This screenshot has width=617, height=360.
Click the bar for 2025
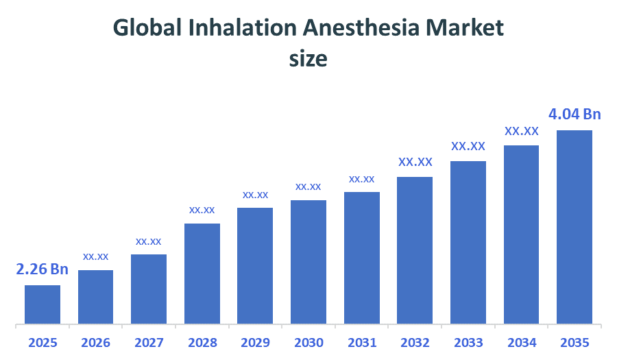click(x=43, y=304)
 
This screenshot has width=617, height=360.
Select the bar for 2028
click(x=202, y=273)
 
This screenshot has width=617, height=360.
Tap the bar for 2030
click(x=308, y=261)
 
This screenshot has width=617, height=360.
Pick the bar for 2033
click(x=468, y=242)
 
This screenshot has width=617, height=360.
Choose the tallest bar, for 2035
click(x=574, y=226)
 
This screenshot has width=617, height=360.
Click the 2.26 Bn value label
click(x=43, y=269)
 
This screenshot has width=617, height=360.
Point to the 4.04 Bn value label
click(x=574, y=114)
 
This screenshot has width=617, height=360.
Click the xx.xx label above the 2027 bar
click(x=149, y=241)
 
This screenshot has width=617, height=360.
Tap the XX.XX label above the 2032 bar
click(x=415, y=163)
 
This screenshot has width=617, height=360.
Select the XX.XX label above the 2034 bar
click(x=522, y=131)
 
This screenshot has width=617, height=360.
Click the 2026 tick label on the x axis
click(x=96, y=343)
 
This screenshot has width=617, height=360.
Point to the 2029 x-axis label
click(x=255, y=343)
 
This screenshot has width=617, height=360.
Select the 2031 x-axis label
click(x=362, y=343)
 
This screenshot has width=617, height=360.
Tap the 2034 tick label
click(x=522, y=343)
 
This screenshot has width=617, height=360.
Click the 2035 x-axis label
click(x=574, y=343)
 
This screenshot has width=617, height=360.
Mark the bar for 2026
click(x=96, y=296)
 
